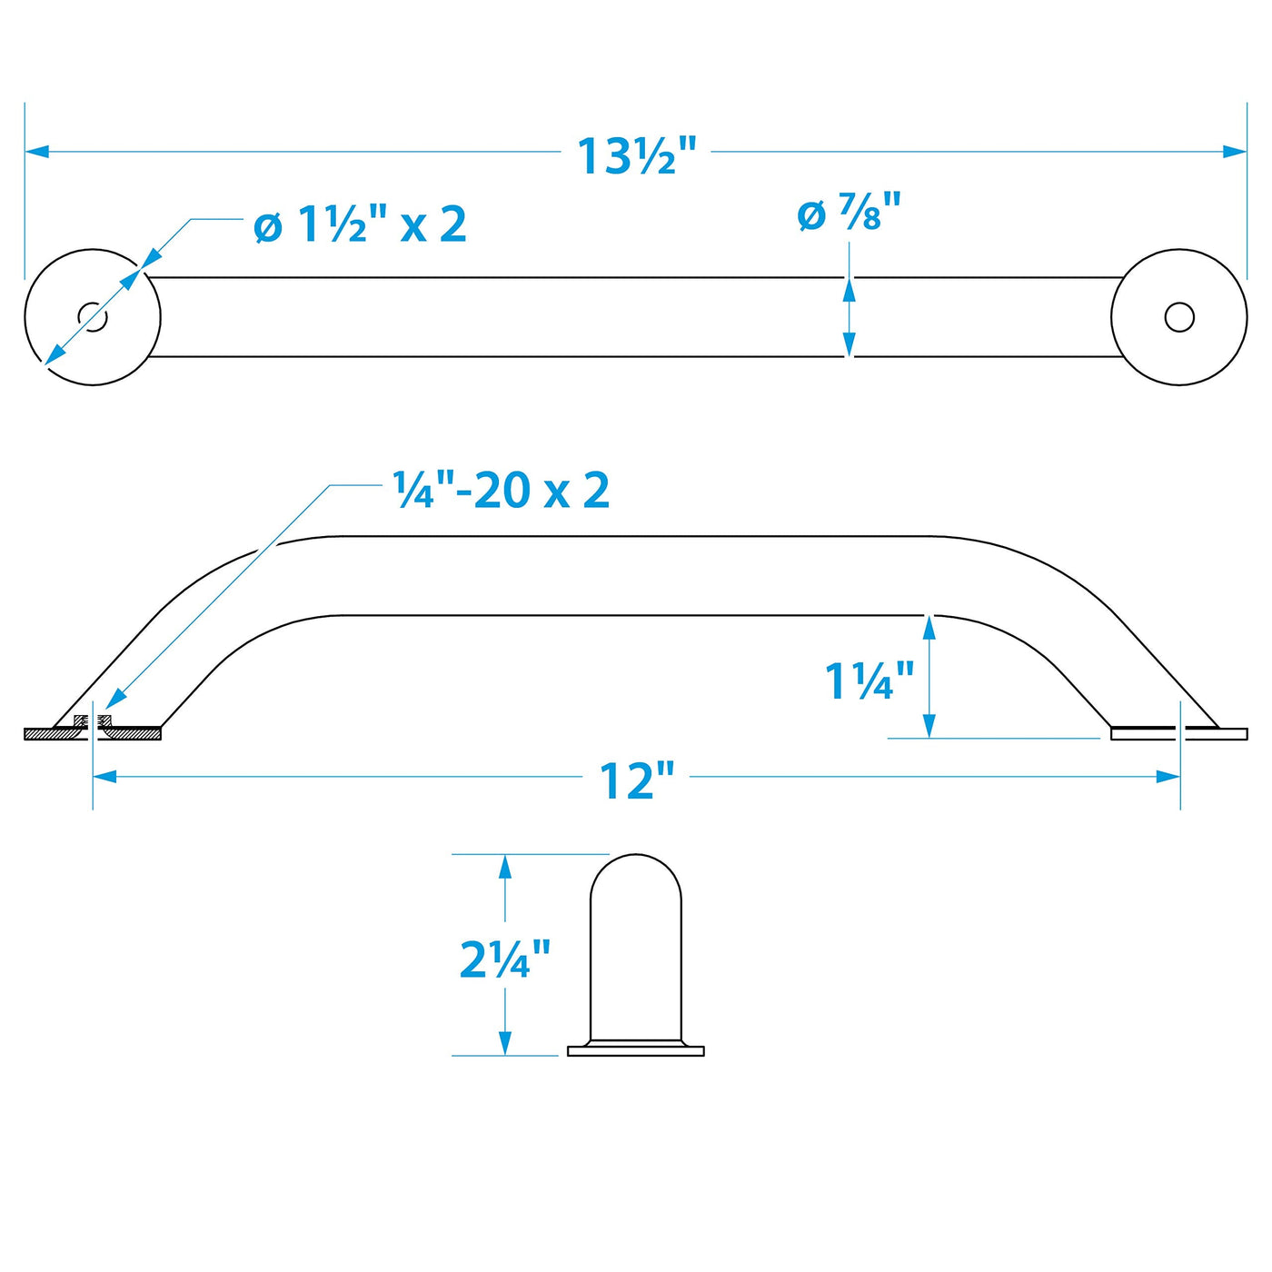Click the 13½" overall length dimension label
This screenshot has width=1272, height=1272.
[x=637, y=156]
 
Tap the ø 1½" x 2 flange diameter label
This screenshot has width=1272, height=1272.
[x=361, y=224]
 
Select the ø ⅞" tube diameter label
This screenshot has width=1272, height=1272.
[x=849, y=212]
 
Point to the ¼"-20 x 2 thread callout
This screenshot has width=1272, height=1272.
[x=501, y=490]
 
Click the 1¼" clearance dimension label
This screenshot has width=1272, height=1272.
[x=870, y=681]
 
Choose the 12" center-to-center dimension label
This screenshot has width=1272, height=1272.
[x=637, y=780]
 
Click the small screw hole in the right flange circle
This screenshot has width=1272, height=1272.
[x=1179, y=317]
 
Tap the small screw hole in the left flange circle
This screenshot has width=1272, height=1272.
[x=93, y=317]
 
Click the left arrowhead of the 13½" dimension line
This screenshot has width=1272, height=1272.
[x=37, y=151]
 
